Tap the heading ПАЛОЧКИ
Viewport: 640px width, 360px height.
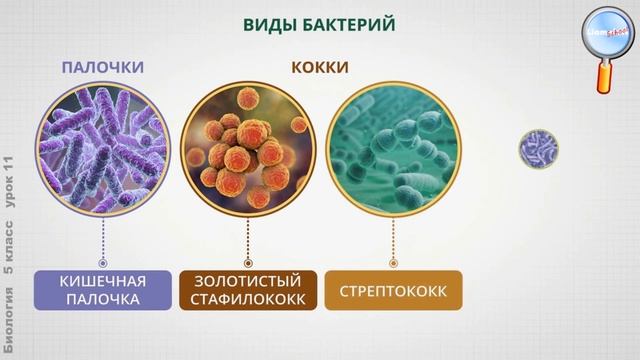click(x=103, y=67)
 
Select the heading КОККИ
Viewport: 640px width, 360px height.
click(x=319, y=67)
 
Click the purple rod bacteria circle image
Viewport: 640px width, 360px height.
click(x=103, y=148)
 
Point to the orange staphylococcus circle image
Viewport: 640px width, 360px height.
click(x=247, y=148)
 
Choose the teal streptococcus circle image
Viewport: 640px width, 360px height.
click(x=393, y=148)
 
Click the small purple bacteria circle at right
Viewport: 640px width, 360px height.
click(x=538, y=149)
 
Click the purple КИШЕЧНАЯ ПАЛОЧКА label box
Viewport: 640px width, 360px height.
click(x=103, y=290)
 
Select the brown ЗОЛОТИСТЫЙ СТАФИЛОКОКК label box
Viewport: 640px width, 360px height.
click(x=247, y=290)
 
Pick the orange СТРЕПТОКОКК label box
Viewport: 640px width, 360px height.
click(x=393, y=290)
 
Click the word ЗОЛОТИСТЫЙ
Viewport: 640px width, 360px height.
click(x=247, y=280)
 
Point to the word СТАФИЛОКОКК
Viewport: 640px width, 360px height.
click(x=247, y=300)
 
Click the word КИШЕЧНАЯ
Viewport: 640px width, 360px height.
click(x=103, y=280)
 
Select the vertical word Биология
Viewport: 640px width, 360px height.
click(x=10, y=319)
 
